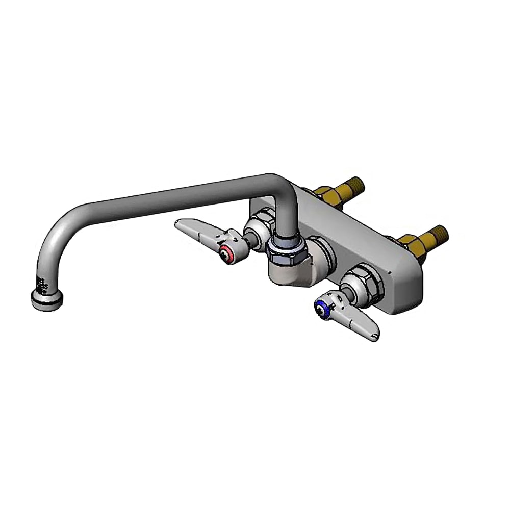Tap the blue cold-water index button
[320, 306]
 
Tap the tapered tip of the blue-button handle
[375, 335]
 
